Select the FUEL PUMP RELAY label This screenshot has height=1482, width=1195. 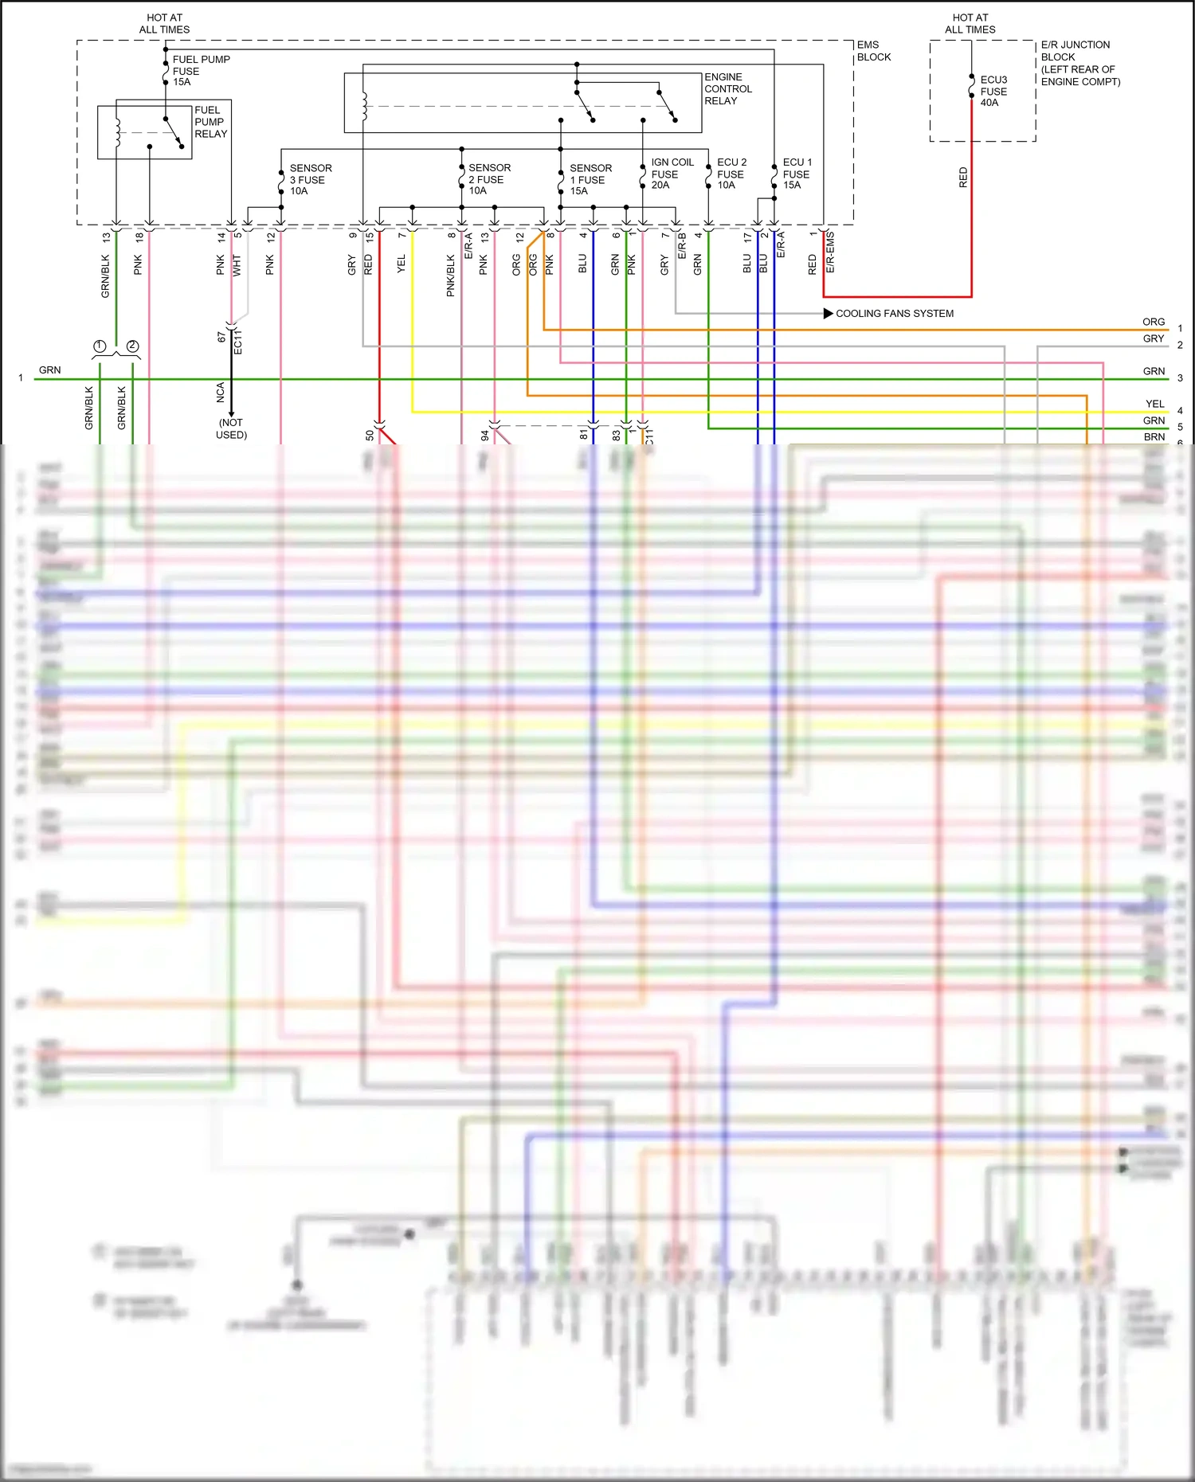tap(210, 122)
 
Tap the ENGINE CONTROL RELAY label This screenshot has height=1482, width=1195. tap(727, 88)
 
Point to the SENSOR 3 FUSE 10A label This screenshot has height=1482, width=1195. tap(310, 179)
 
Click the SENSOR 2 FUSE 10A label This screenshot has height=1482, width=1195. tap(488, 179)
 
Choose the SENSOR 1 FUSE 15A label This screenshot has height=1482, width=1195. tap(590, 179)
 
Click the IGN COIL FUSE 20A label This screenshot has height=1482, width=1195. tap(672, 174)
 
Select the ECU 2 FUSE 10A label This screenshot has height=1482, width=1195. tap(731, 174)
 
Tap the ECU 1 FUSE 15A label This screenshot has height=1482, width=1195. tap(797, 174)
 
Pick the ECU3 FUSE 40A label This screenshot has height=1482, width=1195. tap(993, 91)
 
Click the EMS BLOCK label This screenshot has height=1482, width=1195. tap(873, 51)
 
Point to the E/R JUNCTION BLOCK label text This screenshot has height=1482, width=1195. tap(1079, 63)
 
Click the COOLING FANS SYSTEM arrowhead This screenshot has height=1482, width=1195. tap(829, 314)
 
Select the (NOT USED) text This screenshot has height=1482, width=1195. tap(231, 428)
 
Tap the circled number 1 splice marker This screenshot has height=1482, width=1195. tap(100, 346)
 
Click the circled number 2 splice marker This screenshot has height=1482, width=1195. tap(132, 346)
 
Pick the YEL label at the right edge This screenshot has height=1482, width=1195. tap(1154, 404)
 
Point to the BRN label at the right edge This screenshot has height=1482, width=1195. tap(1154, 436)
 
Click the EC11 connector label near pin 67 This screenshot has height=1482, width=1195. tap(237, 341)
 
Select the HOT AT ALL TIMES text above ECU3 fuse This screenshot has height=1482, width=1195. tap(970, 23)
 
